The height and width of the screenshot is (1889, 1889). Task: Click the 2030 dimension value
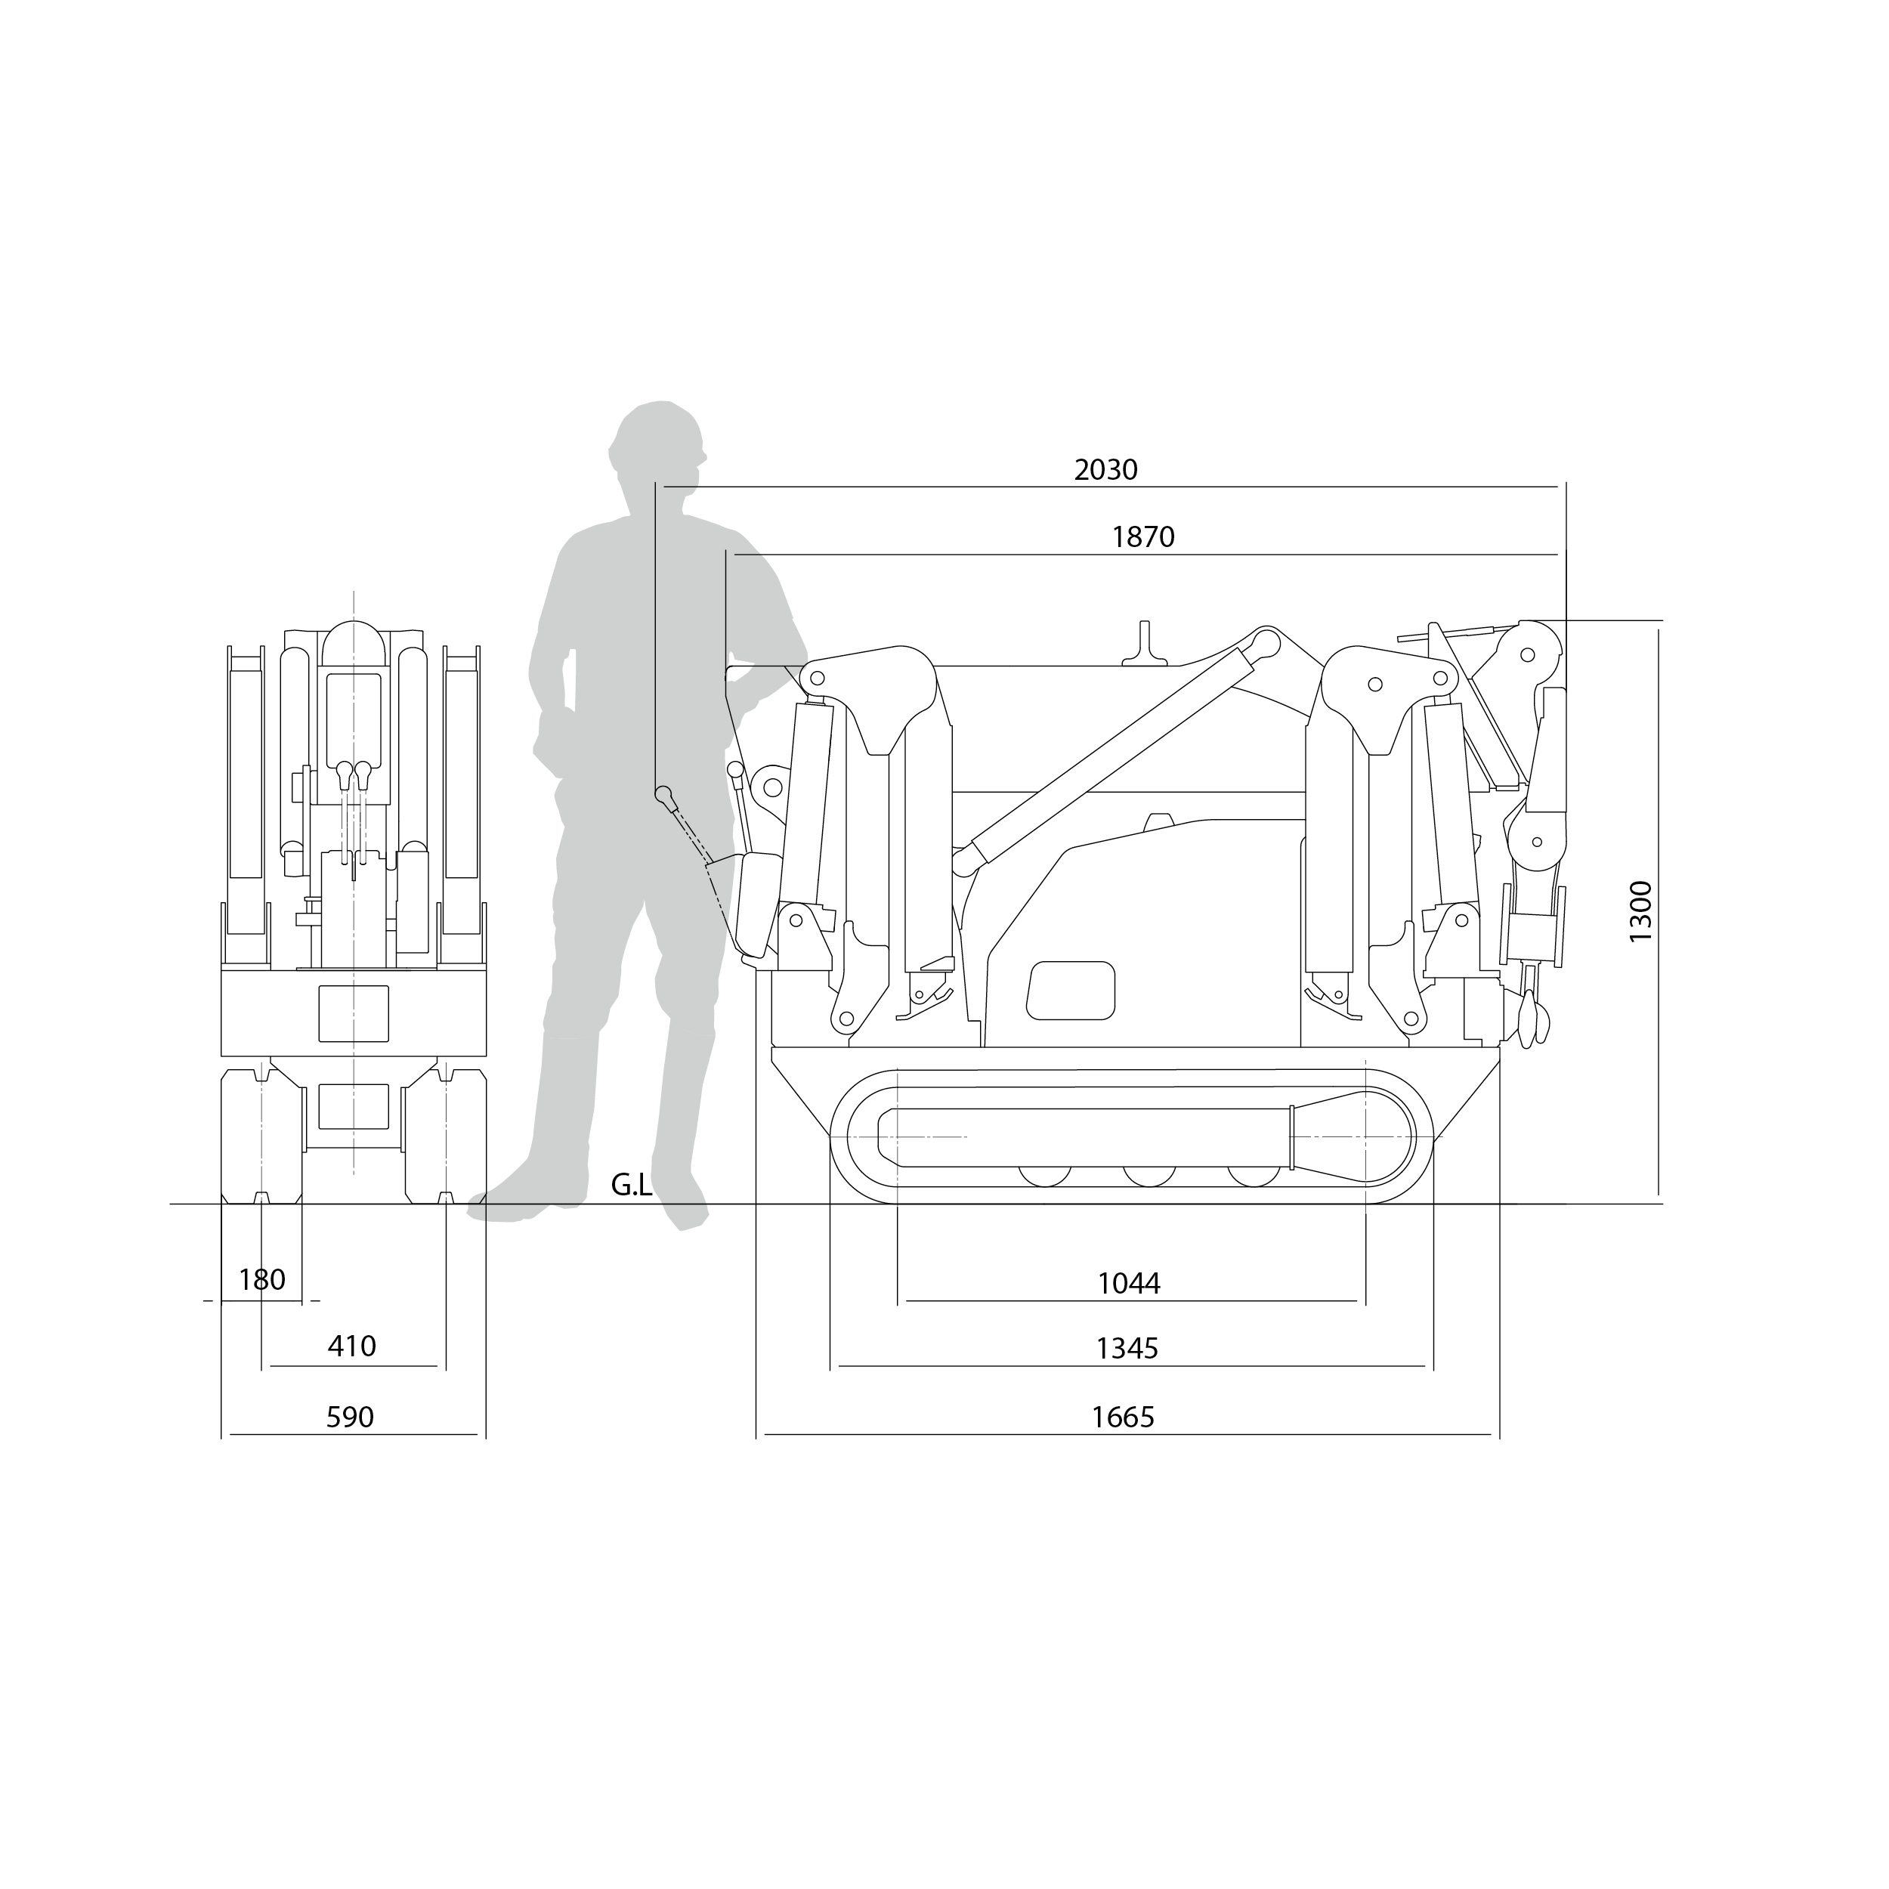coord(1106,470)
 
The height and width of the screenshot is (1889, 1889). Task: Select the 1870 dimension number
coord(1143,536)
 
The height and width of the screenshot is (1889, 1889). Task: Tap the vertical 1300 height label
coord(1640,911)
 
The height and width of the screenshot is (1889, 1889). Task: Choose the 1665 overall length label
coord(1123,1417)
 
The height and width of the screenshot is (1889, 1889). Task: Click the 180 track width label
coord(262,1280)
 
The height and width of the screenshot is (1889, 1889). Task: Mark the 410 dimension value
coord(351,1346)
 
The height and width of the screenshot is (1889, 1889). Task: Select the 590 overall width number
coord(349,1417)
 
